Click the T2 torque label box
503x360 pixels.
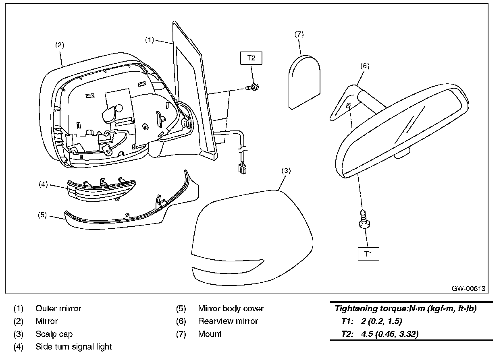click(251, 58)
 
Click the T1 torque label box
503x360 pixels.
click(368, 254)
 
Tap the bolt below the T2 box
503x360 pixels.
click(253, 87)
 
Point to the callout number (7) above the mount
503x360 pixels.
click(299, 34)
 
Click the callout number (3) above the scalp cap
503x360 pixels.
click(285, 170)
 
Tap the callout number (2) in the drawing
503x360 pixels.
click(60, 45)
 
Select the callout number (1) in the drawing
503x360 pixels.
click(150, 40)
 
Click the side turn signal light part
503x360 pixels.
click(101, 190)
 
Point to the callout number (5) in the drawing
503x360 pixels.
click(43, 215)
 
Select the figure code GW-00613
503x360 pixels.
click(468, 288)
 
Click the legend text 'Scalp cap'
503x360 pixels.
click(54, 334)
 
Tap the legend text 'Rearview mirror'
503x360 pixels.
click(228, 321)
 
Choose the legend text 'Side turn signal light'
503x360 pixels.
click(73, 347)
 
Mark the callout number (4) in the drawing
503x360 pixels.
click(43, 184)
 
